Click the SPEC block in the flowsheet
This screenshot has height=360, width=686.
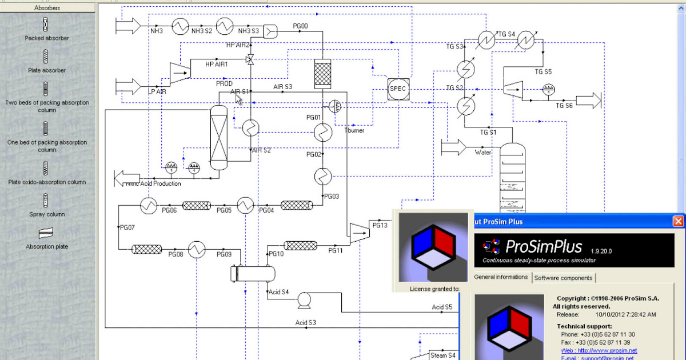(x=397, y=89)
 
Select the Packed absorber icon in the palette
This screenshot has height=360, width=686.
(x=46, y=25)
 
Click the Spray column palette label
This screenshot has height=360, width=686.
(x=47, y=214)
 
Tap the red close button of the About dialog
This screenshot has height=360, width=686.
(x=678, y=221)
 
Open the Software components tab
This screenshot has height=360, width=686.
(x=564, y=278)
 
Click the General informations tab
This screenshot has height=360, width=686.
(x=501, y=277)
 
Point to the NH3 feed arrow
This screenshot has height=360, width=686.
(x=128, y=25)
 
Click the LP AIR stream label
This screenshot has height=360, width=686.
(x=157, y=91)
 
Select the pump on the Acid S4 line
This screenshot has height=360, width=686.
(x=304, y=298)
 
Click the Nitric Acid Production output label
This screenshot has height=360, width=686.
(x=153, y=183)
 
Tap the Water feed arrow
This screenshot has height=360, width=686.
(x=454, y=147)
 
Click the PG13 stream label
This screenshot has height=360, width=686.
(x=380, y=225)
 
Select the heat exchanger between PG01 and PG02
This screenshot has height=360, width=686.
(x=323, y=133)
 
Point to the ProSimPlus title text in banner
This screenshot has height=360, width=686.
(x=544, y=247)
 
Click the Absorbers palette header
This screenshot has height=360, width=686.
(x=47, y=8)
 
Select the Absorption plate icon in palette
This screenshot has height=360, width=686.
(x=46, y=233)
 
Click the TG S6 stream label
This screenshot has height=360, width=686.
(x=564, y=106)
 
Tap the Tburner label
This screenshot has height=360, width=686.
(x=354, y=131)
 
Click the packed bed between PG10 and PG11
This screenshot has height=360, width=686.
(x=301, y=246)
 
